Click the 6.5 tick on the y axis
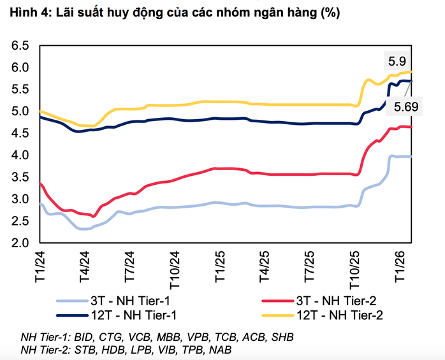click(x=20, y=46)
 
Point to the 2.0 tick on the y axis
click(x=20, y=243)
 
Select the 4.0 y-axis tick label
click(x=20, y=155)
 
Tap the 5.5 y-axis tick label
click(x=20, y=90)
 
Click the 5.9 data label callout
click(x=397, y=62)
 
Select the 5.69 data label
click(x=407, y=107)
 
